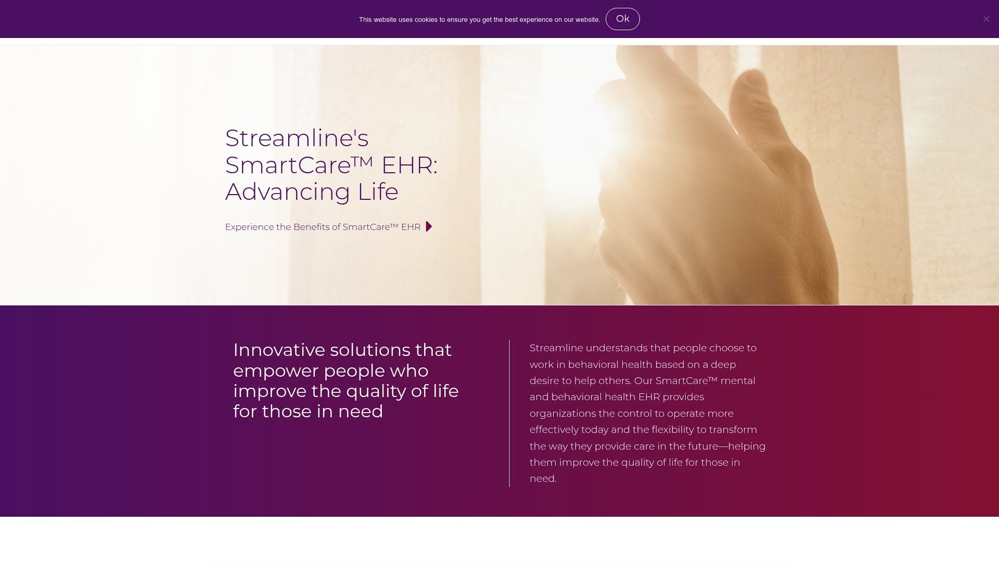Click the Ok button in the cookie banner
pos(622,19)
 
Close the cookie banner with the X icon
pos(986,19)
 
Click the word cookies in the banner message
pos(426,20)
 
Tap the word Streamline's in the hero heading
pos(297,138)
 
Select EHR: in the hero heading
pos(409,165)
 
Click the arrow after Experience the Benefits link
pos(429,226)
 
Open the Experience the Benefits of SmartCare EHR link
pos(323,227)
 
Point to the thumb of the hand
pos(624,156)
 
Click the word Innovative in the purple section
pos(278,350)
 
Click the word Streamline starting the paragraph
pos(556,348)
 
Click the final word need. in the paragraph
pos(543,479)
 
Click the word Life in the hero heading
pos(378,192)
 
